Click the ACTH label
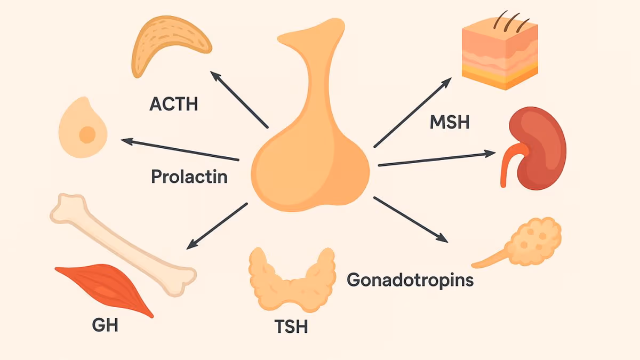[173, 103]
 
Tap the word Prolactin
[189, 177]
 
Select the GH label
[105, 325]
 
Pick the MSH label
[449, 123]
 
